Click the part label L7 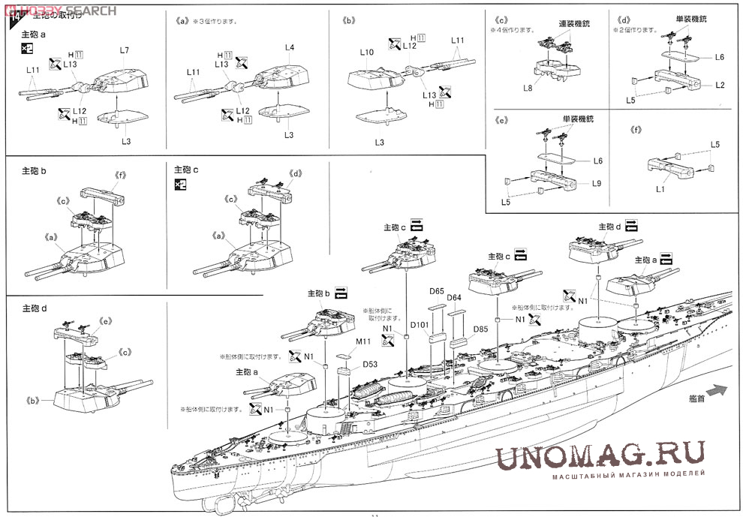[x=125, y=50]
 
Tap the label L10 [x=366, y=53]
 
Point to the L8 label [x=528, y=88]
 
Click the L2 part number [x=720, y=85]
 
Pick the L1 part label [x=660, y=189]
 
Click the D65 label [x=437, y=291]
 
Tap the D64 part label [x=454, y=299]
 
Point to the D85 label [x=481, y=329]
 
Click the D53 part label [x=370, y=364]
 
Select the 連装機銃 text [x=575, y=24]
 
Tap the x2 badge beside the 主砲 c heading [x=180, y=185]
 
